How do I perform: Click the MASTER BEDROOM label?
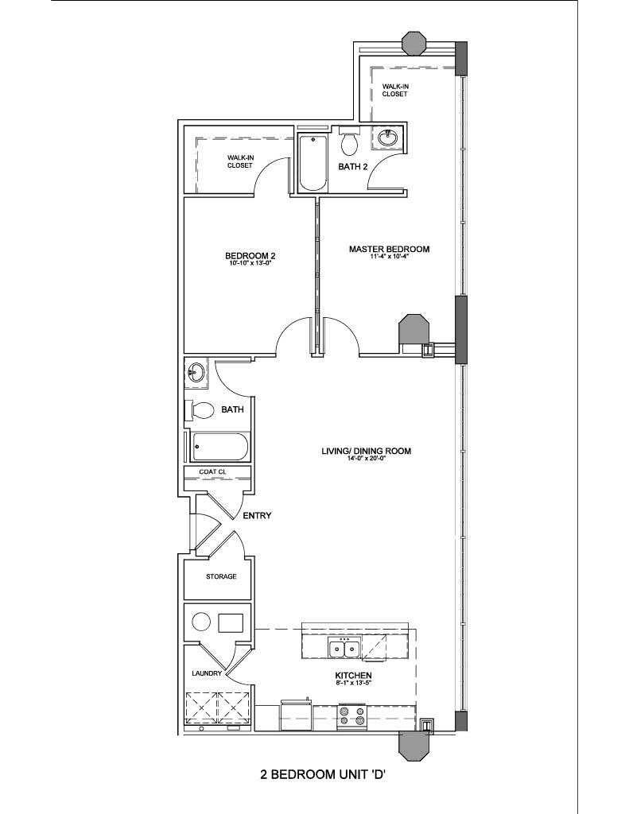coord(389,249)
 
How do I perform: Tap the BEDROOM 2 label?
coord(250,256)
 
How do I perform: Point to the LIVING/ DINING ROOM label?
coord(366,451)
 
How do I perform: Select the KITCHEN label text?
coord(353,676)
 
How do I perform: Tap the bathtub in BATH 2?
coord(313,162)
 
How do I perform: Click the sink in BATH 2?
coord(388,138)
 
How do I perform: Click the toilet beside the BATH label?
coord(200,411)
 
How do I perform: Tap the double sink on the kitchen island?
coord(344,649)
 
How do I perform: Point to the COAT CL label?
coord(213,472)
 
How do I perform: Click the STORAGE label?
coord(221,576)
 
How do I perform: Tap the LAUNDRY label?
coord(207,673)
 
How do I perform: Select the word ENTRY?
coord(257,515)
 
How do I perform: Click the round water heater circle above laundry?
coord(201,622)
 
